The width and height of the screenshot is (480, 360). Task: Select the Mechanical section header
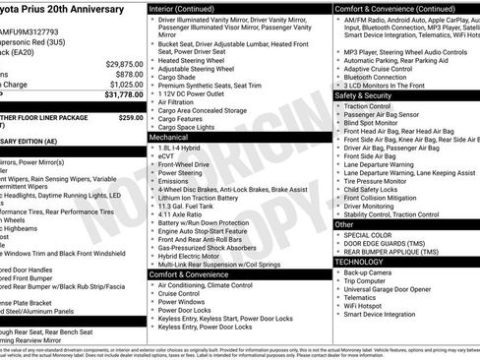coord(168,139)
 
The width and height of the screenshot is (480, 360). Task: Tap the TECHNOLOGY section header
coord(360,262)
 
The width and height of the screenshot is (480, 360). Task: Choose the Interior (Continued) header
coord(190,8)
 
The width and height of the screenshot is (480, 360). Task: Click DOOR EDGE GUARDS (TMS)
coord(387,243)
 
